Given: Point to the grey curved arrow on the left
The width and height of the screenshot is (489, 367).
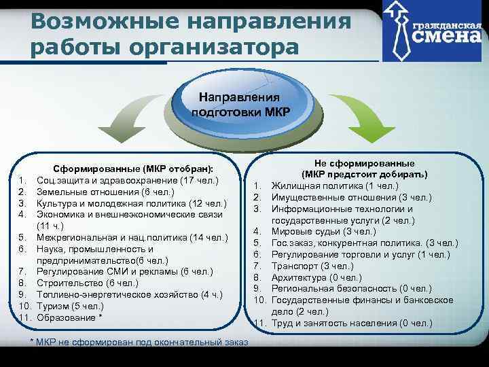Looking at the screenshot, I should click(x=133, y=122).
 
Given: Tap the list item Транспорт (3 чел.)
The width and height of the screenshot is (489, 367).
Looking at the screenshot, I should click(x=312, y=266).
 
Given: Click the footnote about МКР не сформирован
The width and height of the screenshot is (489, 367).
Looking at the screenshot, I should click(x=139, y=339).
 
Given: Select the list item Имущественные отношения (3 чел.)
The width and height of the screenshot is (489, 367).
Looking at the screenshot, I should click(x=351, y=198).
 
